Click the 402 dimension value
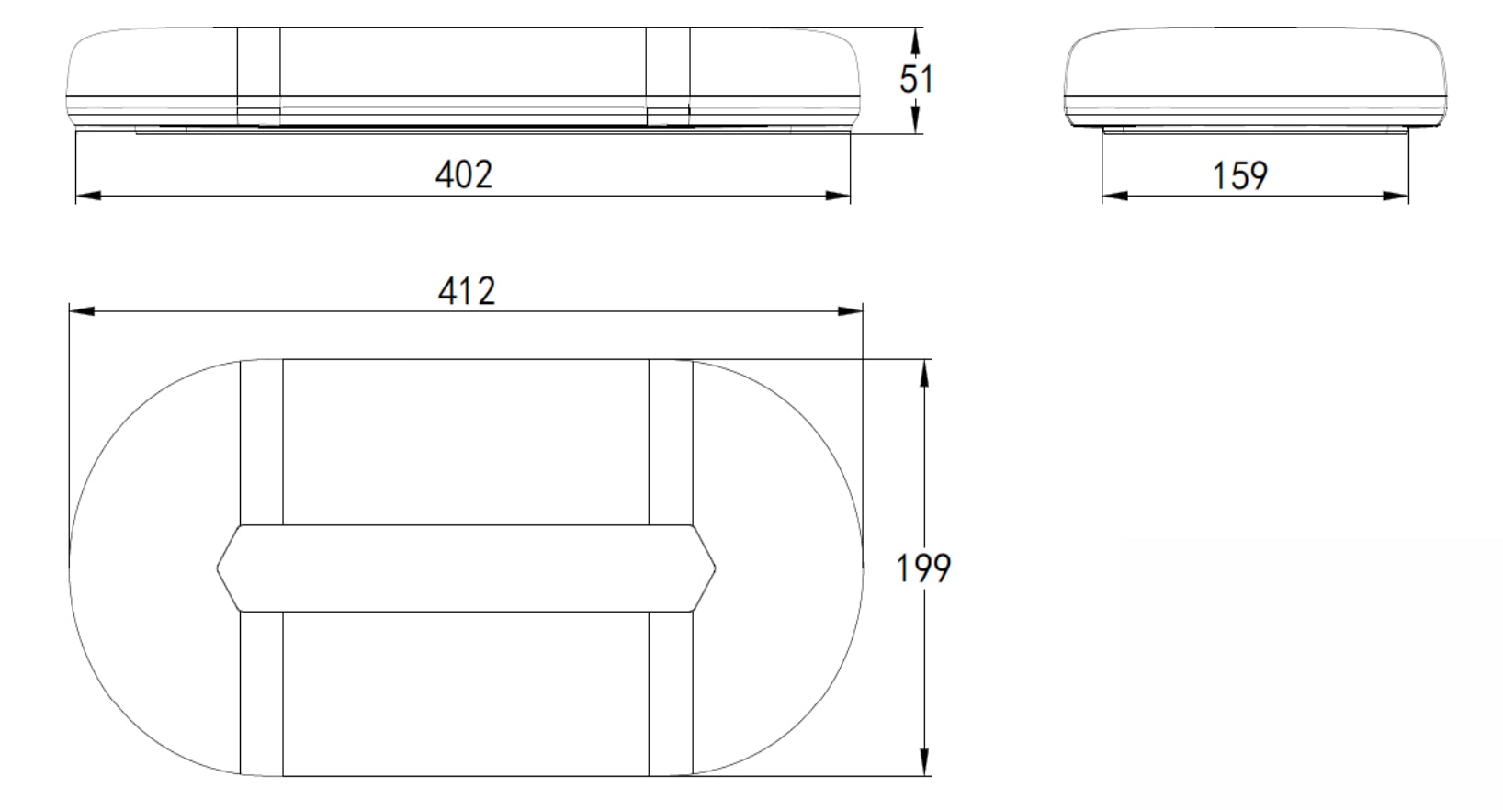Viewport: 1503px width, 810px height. (x=464, y=174)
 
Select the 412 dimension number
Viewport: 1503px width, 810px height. (x=467, y=291)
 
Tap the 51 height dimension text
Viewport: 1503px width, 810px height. (x=916, y=79)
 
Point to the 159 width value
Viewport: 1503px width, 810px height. (x=1240, y=175)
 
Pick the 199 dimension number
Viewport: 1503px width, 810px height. (x=923, y=568)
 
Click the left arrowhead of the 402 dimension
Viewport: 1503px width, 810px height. (x=88, y=196)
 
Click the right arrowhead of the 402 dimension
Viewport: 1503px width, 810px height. (x=837, y=196)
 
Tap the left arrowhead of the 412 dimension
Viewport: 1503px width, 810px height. (x=82, y=311)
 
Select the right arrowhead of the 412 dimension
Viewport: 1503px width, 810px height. (x=850, y=311)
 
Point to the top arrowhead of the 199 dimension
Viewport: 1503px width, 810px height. (x=924, y=373)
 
